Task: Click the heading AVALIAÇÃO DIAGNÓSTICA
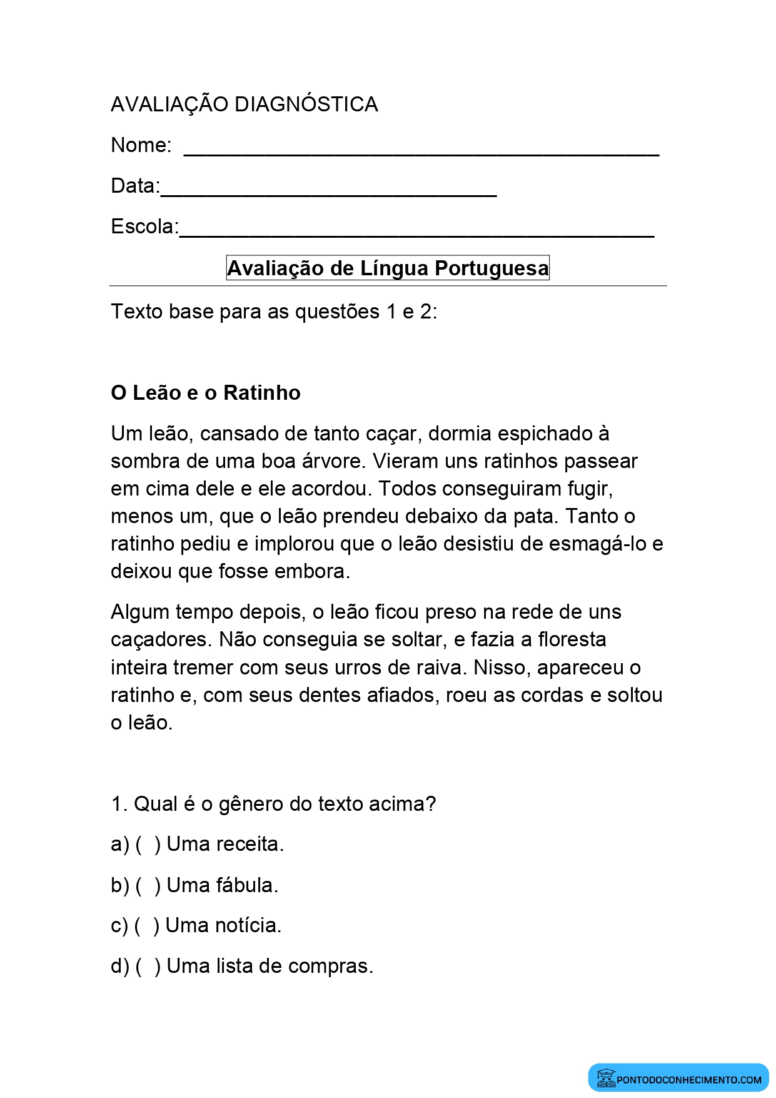point(244,104)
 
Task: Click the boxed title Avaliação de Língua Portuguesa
point(388,268)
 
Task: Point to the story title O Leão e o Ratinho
point(205,393)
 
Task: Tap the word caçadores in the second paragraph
point(162,639)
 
